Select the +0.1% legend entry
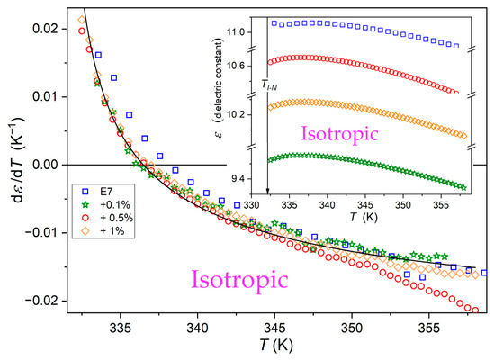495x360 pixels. coord(106,205)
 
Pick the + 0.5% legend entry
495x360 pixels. coord(107,218)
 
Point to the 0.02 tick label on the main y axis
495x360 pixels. coord(45,29)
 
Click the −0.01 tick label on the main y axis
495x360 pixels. coord(41,233)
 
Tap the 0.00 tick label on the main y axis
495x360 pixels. coord(45,165)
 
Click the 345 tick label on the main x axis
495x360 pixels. coord(274,328)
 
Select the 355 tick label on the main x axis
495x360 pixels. coord(429,328)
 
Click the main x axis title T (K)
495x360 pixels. coord(276,346)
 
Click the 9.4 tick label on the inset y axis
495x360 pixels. coord(239,179)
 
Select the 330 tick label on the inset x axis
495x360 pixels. coord(251,206)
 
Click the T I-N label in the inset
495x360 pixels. coord(269,85)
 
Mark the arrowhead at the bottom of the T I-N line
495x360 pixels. coord(267,192)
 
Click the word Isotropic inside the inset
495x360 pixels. coord(339,133)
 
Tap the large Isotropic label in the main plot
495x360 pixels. coord(239,280)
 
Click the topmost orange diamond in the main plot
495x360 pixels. coord(82,20)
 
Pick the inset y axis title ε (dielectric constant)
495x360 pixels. coord(218,89)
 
